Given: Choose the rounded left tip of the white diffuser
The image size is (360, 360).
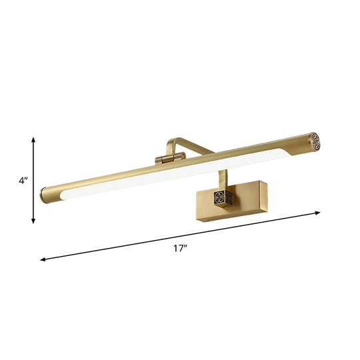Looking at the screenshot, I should (66, 198).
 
